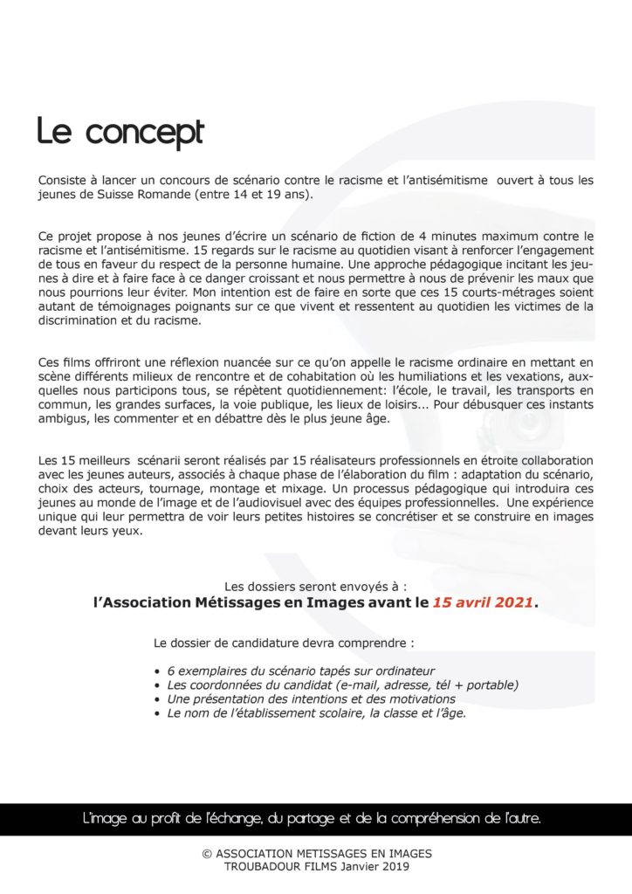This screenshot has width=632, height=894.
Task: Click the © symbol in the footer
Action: click(x=206, y=853)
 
